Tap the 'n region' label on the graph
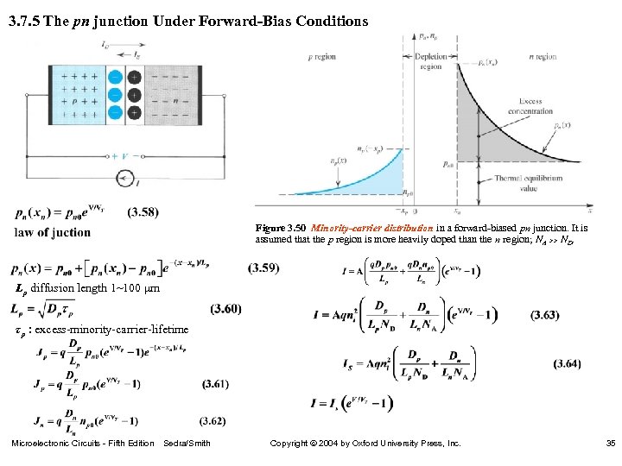542,56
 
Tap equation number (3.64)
567,364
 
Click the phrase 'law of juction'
53,232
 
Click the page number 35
610,444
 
